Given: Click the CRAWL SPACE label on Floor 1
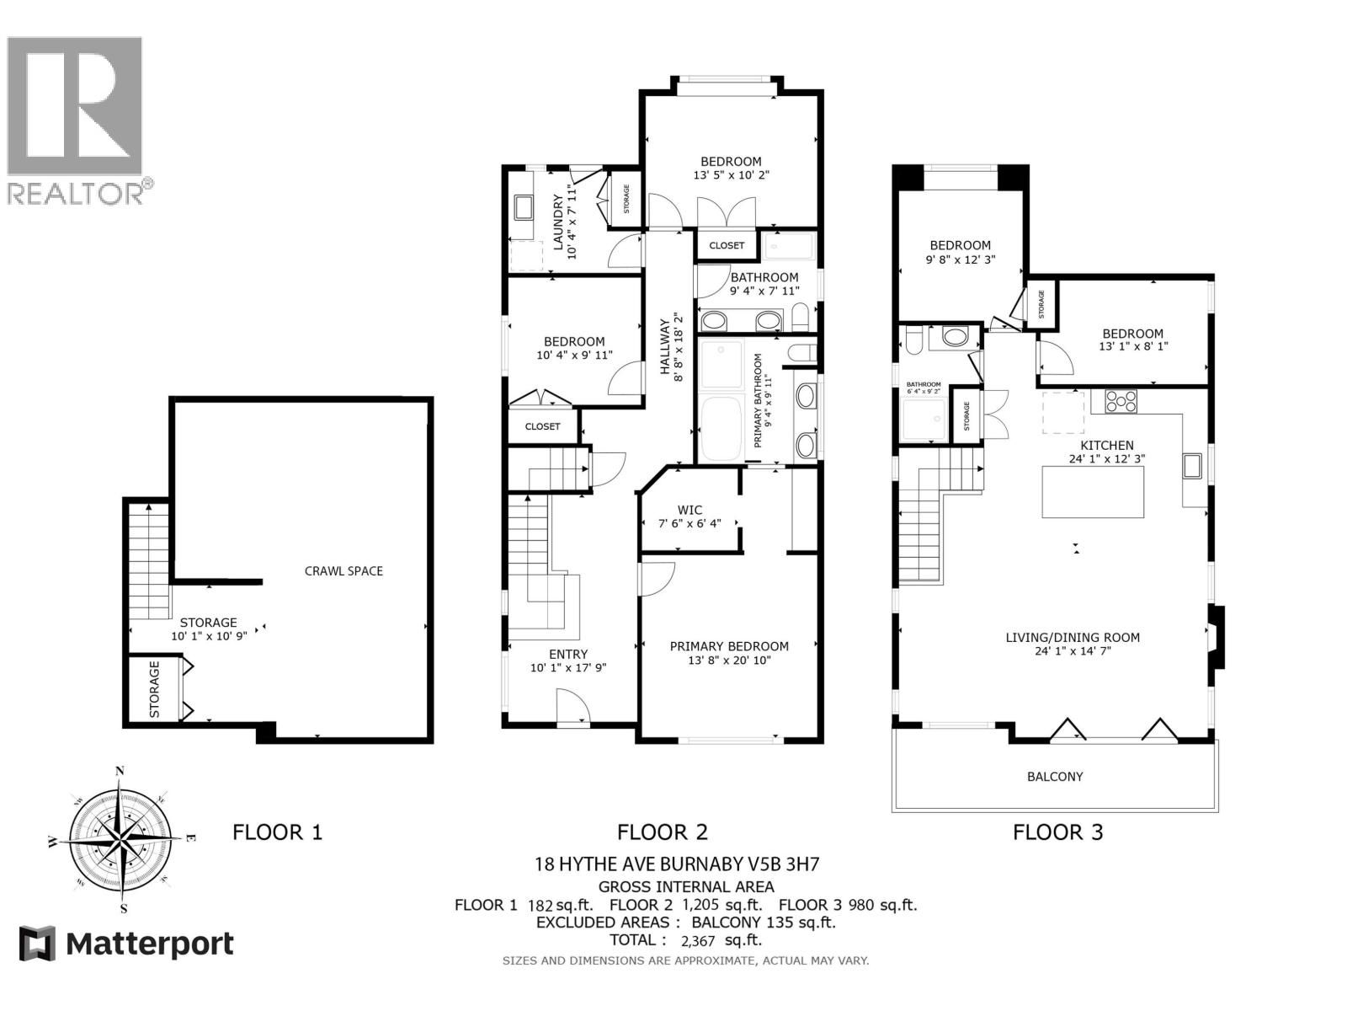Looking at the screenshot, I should [343, 571].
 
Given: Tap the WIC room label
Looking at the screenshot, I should [689, 510].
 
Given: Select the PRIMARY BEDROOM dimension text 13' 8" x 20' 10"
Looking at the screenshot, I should [729, 661].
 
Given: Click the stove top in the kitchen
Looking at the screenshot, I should [1121, 401].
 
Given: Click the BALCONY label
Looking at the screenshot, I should [1055, 777].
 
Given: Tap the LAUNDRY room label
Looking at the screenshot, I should [557, 222].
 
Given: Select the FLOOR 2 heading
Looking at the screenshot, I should [663, 832].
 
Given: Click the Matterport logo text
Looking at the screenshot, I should [150, 944].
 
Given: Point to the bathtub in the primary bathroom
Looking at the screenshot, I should [721, 430].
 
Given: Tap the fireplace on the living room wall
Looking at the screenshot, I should [1217, 637].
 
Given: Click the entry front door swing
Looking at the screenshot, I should [572, 706].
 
